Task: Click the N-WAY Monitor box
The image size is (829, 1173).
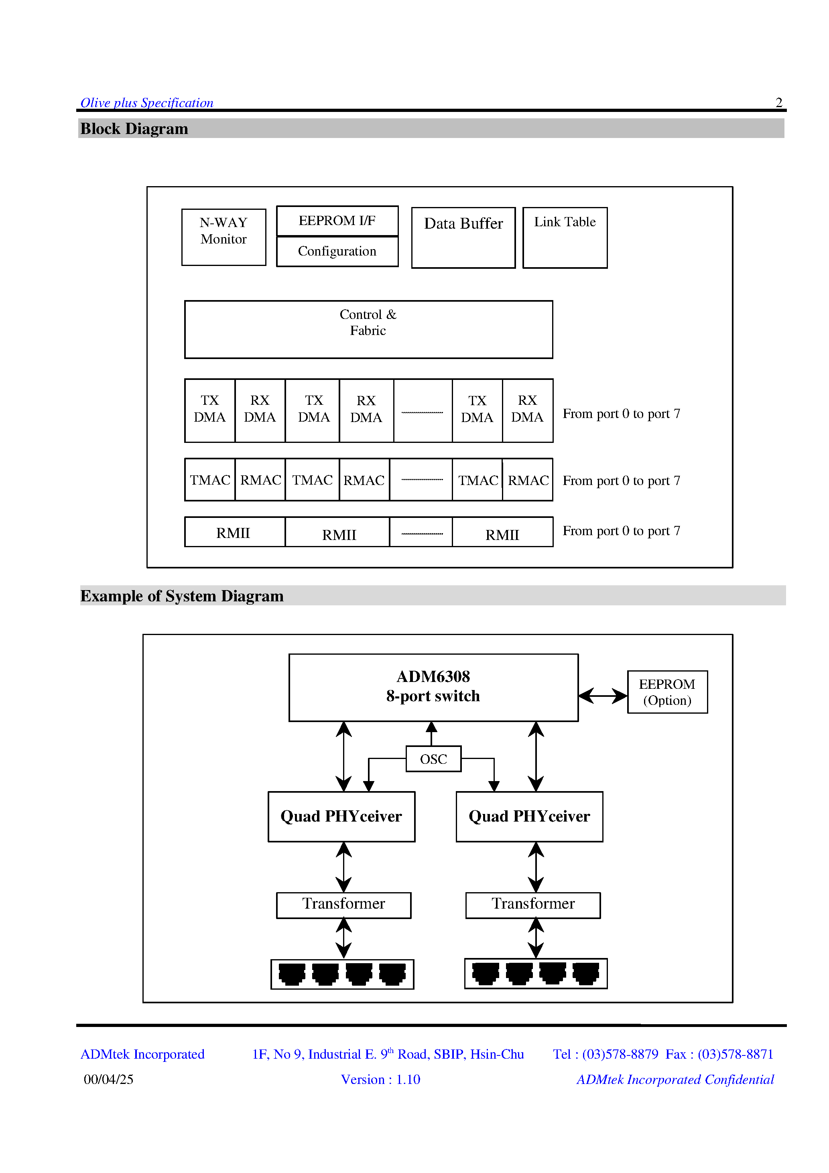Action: (224, 237)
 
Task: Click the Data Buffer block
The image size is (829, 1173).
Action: (463, 237)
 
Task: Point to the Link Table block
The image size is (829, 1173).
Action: (565, 237)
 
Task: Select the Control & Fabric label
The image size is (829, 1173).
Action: (368, 323)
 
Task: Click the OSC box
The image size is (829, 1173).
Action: (433, 759)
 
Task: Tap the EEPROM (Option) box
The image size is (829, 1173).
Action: (667, 692)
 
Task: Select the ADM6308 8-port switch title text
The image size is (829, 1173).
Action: (433, 686)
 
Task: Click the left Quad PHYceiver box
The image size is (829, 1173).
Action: (341, 816)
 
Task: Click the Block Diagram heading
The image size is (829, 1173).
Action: (134, 129)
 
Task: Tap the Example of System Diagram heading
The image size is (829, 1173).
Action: (182, 596)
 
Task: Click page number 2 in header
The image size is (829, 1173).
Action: (778, 102)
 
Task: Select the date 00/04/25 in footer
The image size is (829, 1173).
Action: (108, 1079)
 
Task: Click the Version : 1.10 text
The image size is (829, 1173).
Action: (380, 1080)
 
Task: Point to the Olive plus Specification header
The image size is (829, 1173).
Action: (147, 103)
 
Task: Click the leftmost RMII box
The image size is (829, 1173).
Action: (234, 532)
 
